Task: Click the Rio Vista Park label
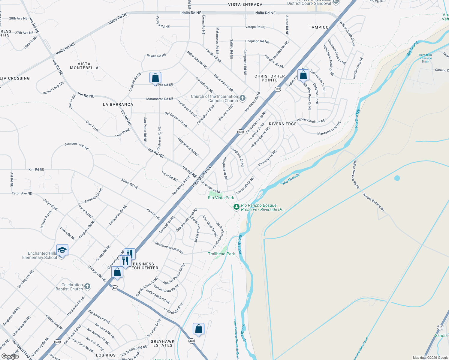[x=221, y=198]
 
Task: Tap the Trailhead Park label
[x=221, y=254]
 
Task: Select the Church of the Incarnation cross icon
[x=243, y=98]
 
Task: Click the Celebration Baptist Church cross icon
[x=87, y=286]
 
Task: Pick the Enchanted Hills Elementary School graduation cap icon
[x=62, y=250]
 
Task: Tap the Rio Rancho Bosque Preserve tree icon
[x=237, y=207]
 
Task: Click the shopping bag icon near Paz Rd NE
[x=155, y=78]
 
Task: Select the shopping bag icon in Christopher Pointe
[x=303, y=75]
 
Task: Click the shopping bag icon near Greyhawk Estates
[x=199, y=329]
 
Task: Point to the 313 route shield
[x=440, y=327]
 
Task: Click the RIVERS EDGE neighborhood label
[x=283, y=124]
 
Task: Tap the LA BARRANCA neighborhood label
[x=118, y=104]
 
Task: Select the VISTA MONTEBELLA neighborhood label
[x=84, y=66]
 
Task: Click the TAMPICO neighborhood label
[x=319, y=27]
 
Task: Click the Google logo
[x=10, y=356]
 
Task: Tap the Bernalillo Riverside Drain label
[x=426, y=58]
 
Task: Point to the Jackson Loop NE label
[x=77, y=146]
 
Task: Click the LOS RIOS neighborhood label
[x=106, y=355]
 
